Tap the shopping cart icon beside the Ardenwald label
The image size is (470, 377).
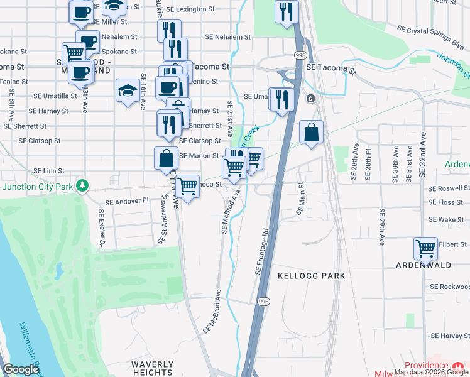[426, 248]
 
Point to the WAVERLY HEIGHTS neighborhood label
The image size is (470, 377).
[153, 368]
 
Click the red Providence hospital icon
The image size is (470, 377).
[461, 367]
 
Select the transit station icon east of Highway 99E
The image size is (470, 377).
[310, 99]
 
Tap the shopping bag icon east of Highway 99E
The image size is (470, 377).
[311, 133]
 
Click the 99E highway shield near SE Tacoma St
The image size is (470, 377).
[300, 55]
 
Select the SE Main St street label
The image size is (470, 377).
[300, 200]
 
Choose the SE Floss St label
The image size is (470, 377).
[445, 202]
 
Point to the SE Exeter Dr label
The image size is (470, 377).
[100, 226]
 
